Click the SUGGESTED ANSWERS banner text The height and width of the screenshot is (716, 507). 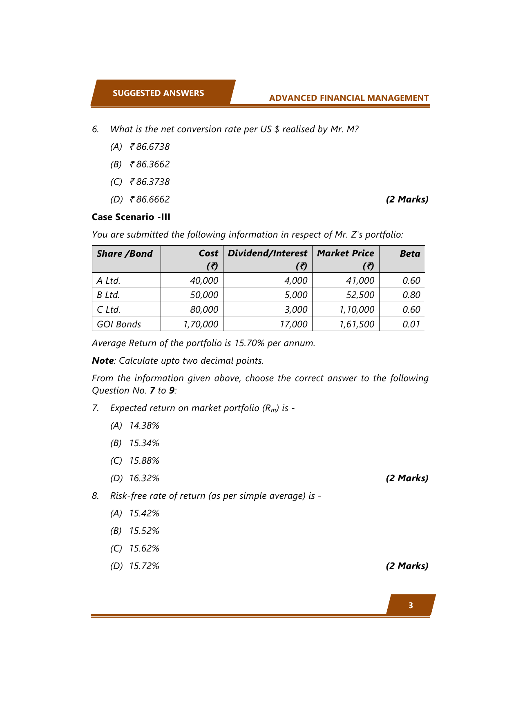(x=158, y=93)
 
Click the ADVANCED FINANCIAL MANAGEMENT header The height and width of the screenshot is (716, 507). (x=348, y=98)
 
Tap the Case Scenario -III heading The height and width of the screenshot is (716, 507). (x=131, y=217)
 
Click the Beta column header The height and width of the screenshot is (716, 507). (x=409, y=253)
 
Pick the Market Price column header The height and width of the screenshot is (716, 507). (x=345, y=253)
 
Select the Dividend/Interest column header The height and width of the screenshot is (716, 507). (x=267, y=253)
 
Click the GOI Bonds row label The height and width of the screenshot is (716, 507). (x=119, y=324)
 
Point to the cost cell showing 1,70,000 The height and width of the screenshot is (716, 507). (x=201, y=324)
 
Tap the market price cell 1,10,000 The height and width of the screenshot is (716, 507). (x=357, y=309)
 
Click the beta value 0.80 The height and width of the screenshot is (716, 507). (x=411, y=295)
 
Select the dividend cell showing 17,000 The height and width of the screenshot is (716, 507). (x=293, y=324)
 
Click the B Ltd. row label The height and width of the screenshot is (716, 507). (x=108, y=295)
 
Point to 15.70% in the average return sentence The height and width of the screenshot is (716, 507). (x=249, y=343)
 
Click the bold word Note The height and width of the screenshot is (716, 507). (x=103, y=360)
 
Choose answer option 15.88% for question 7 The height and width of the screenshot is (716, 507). (x=144, y=460)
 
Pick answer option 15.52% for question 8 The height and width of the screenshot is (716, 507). (x=144, y=531)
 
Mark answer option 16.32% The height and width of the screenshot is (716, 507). (x=144, y=478)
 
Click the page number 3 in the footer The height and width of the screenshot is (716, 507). (x=411, y=605)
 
